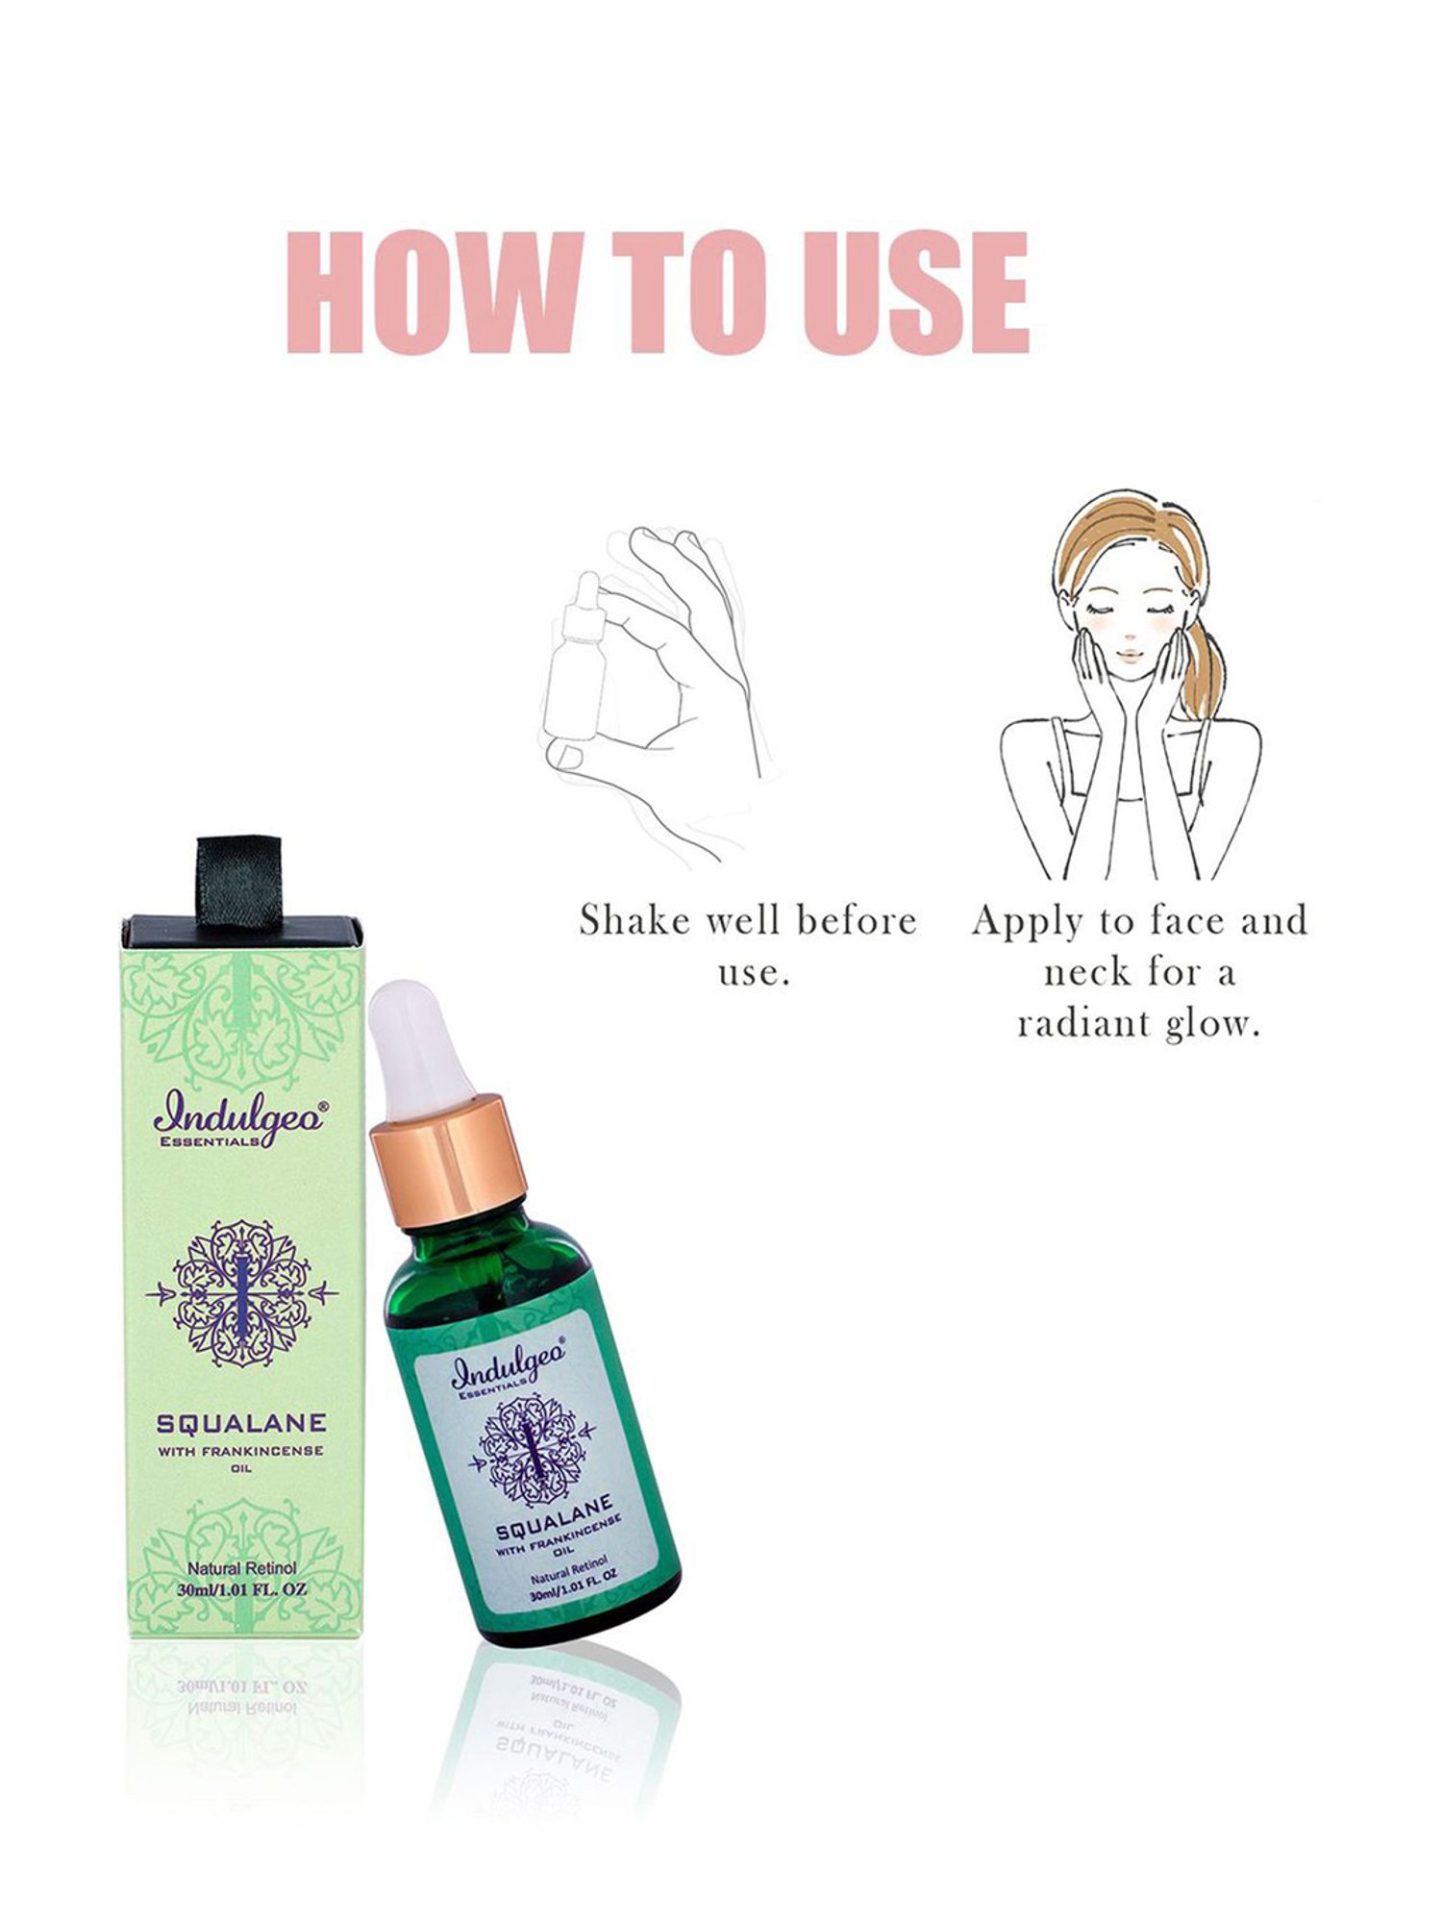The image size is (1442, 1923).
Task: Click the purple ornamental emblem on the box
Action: point(240,1293)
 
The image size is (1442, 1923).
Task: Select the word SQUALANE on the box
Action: point(241,1423)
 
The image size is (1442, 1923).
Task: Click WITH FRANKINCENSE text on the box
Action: point(241,1451)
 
